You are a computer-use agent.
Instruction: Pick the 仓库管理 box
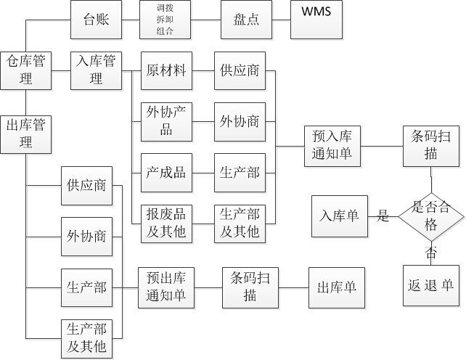point(26,70)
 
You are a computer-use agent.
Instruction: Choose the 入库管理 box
point(97,70)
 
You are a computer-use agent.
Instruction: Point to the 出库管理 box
point(26,133)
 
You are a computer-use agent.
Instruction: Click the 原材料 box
point(166,70)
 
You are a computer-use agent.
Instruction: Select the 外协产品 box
point(166,120)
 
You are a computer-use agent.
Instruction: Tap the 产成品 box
point(166,172)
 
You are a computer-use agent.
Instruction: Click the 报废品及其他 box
point(166,223)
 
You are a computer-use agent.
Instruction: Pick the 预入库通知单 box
point(331,146)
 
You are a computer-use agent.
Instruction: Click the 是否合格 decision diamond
point(432,216)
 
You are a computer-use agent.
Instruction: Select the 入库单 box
point(338,216)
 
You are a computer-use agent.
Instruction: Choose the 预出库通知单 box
point(166,287)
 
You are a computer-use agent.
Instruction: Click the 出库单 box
point(336,287)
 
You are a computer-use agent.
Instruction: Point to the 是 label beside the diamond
point(383,216)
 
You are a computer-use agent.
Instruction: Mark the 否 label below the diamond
point(431,253)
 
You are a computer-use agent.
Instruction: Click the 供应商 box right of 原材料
point(240,70)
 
